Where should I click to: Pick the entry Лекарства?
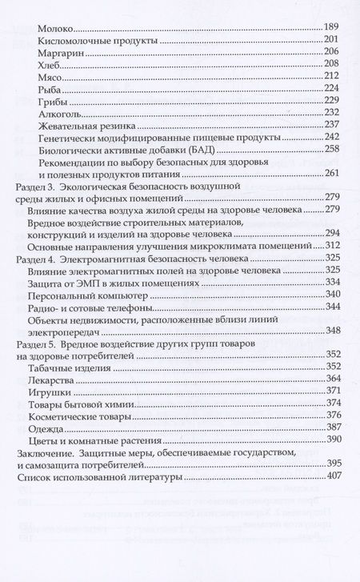pyautogui.click(x=62, y=378)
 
